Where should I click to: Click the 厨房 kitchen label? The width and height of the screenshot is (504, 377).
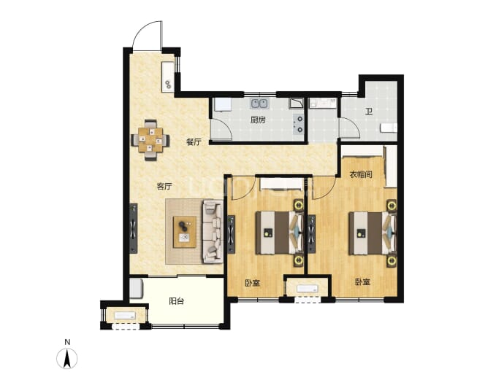pyautogui.click(x=258, y=120)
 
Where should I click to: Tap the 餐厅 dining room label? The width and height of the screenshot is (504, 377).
pyautogui.click(x=194, y=141)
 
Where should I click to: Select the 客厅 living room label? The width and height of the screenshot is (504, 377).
pyautogui.click(x=164, y=187)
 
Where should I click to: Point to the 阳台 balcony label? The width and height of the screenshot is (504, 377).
pyautogui.click(x=177, y=301)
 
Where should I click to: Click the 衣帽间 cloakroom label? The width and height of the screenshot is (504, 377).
pyautogui.click(x=361, y=174)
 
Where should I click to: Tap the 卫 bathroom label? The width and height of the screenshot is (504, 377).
pyautogui.click(x=369, y=112)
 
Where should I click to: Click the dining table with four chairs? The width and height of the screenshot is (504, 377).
pyautogui.click(x=150, y=140)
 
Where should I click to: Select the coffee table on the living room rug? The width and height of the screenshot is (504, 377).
pyautogui.click(x=185, y=232)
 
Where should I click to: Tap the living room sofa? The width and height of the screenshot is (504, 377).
pyautogui.click(x=213, y=232)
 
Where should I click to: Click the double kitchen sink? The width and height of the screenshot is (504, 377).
pyautogui.click(x=260, y=104)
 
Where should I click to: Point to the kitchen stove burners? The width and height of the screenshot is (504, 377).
pyautogui.click(x=299, y=124)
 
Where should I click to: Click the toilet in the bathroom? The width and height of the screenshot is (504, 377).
pyautogui.click(x=389, y=128)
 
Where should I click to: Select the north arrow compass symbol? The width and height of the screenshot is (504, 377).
pyautogui.click(x=67, y=358)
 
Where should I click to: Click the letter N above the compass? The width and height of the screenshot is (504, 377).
pyautogui.click(x=67, y=342)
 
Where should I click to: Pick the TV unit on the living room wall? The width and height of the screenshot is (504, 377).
pyautogui.click(x=134, y=228)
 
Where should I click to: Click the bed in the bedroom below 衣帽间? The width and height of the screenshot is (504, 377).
pyautogui.click(x=373, y=233)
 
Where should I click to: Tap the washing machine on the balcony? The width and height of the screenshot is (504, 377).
pyautogui.click(x=136, y=289)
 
